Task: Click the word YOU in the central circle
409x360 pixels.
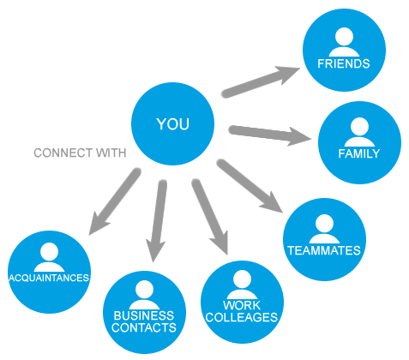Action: click(x=172, y=124)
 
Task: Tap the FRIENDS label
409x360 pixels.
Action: click(x=344, y=63)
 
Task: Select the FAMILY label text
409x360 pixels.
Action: click(x=359, y=153)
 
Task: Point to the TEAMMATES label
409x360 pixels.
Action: click(x=324, y=250)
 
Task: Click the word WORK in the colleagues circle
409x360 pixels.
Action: click(x=242, y=305)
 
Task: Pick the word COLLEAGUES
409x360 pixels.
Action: click(x=242, y=317)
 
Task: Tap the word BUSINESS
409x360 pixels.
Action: click(x=144, y=315)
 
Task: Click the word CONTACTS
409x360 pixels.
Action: click(x=144, y=327)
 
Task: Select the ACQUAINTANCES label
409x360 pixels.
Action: click(x=49, y=278)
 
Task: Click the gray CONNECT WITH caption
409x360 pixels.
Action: click(x=80, y=153)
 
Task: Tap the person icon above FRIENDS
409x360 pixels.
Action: click(x=344, y=42)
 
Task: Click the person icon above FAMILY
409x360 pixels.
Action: click(x=359, y=132)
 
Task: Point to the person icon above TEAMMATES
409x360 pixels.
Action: click(x=324, y=229)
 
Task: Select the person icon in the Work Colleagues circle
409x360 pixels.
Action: click(x=242, y=285)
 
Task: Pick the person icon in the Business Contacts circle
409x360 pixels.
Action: click(x=144, y=295)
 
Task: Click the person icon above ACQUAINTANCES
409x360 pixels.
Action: click(x=49, y=257)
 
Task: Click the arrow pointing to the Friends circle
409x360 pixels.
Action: click(x=260, y=81)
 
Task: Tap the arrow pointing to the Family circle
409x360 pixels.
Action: click(x=269, y=135)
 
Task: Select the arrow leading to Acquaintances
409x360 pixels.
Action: click(x=115, y=201)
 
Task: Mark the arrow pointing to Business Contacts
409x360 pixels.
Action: click(x=157, y=220)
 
